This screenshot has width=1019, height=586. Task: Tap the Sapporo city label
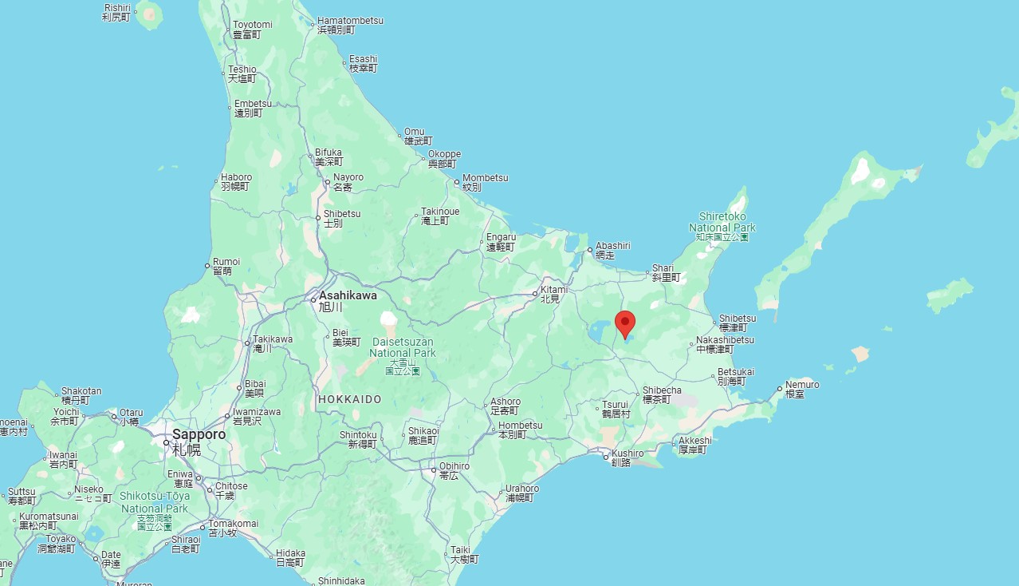(x=199, y=434)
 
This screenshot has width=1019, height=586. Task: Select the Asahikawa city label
(x=348, y=295)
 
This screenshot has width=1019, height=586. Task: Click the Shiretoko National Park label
(x=722, y=222)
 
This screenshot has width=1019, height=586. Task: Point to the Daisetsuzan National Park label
(x=403, y=347)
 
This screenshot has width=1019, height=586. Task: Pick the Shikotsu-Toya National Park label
(x=155, y=502)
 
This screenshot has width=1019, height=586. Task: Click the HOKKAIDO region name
(x=349, y=399)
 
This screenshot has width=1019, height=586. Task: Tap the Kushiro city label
(x=628, y=453)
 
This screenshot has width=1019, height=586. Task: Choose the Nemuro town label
(x=802, y=385)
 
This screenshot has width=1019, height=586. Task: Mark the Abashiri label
(x=613, y=246)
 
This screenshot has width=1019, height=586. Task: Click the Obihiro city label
(x=454, y=466)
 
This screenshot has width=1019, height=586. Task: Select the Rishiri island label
(x=117, y=8)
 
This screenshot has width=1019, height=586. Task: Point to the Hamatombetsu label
(x=350, y=21)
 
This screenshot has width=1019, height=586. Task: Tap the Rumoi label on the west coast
(x=226, y=262)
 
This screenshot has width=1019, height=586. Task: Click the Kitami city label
(x=554, y=290)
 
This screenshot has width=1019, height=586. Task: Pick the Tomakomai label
(x=233, y=524)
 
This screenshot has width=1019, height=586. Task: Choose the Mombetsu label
(x=486, y=178)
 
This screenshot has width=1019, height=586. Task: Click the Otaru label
(x=132, y=414)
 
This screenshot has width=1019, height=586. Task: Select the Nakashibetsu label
(x=725, y=340)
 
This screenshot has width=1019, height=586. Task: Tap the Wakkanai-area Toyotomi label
(x=252, y=25)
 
